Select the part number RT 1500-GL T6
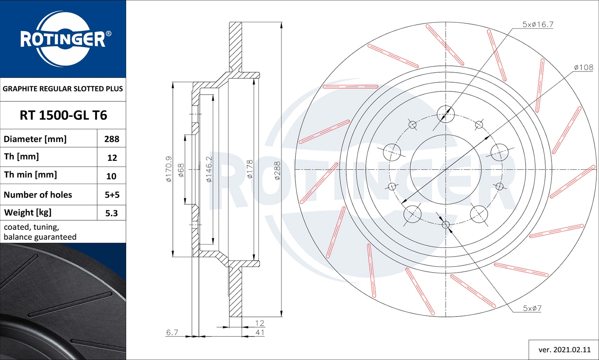(x=63, y=115)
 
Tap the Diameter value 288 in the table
(x=112, y=139)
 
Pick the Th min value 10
(x=111, y=176)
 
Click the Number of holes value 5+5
(x=112, y=195)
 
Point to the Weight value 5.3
(x=111, y=213)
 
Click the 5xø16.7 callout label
(x=538, y=25)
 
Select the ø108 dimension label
(x=583, y=67)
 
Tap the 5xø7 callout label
(x=532, y=308)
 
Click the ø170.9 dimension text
(x=169, y=169)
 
